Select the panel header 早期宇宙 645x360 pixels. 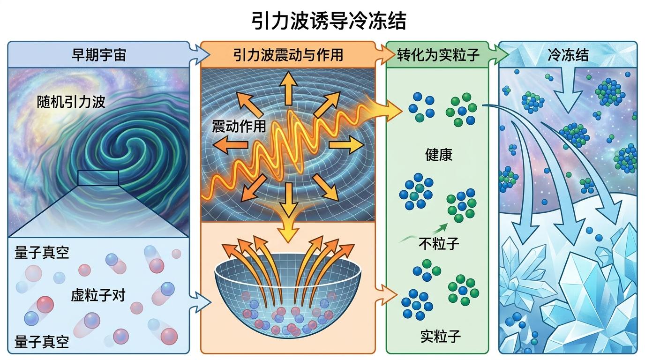point(98,55)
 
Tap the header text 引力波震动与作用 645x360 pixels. point(288,55)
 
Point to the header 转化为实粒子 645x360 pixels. point(438,55)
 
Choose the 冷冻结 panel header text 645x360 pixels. point(568,55)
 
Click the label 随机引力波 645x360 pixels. point(71,102)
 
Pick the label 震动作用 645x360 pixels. point(239,126)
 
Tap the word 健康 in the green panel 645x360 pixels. point(439,155)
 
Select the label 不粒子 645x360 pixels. point(438,244)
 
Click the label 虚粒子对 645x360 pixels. point(98,295)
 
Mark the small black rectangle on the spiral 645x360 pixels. point(98,178)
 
